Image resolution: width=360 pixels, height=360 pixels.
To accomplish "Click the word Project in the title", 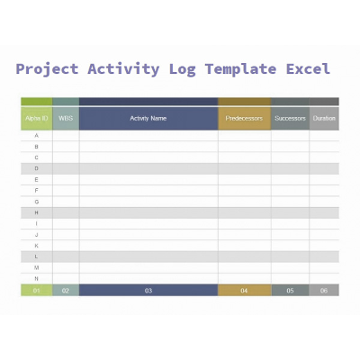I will [x=47, y=69].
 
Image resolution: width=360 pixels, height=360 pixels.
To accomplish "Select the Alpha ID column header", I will [x=37, y=118].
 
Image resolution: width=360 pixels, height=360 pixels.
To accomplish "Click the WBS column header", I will [x=66, y=118].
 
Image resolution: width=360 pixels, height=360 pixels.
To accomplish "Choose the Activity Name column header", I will [x=148, y=118].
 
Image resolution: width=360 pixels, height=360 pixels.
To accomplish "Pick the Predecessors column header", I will [x=244, y=118].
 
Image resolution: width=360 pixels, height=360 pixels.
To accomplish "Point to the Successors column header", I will [x=290, y=118].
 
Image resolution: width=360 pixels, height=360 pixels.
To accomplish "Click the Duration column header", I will [x=324, y=118].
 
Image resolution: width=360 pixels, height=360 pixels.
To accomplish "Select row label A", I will [x=37, y=136].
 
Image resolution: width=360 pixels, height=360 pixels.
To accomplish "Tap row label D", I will [x=37, y=168].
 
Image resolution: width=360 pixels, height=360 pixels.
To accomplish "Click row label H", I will [x=37, y=212].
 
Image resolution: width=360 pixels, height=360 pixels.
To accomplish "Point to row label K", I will [x=37, y=245].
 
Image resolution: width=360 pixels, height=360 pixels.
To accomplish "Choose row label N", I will [x=37, y=278].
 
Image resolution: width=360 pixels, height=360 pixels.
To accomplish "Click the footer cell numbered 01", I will [x=37, y=291].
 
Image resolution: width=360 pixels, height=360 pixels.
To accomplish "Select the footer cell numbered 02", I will [x=66, y=291].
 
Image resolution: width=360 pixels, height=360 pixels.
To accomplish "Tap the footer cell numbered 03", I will [x=148, y=291].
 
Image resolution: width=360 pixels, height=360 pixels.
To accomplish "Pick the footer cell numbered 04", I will [x=244, y=291].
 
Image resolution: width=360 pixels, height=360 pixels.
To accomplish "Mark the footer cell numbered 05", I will [x=290, y=291].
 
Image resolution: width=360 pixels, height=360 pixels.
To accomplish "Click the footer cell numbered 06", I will [x=324, y=291].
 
